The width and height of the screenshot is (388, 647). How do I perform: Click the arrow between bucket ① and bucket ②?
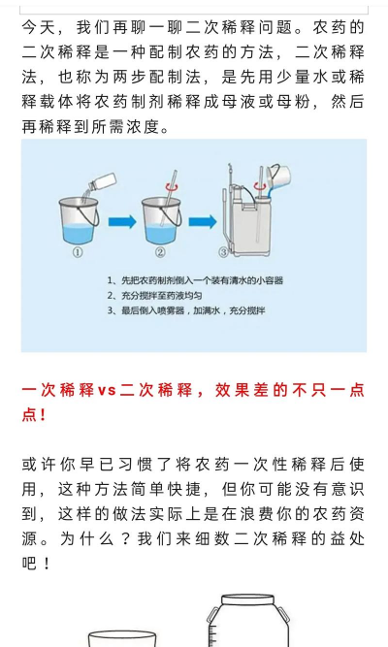(x=120, y=222)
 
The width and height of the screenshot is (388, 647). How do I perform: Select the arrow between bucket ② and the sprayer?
(x=201, y=222)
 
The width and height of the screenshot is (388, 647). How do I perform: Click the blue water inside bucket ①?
(x=78, y=232)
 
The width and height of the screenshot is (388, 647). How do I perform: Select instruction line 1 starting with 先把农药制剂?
(x=195, y=280)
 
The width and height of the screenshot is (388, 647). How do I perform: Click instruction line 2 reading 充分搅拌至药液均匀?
(x=154, y=295)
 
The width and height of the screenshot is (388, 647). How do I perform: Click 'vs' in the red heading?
(x=107, y=390)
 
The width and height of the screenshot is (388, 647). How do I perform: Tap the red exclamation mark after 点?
(x=44, y=414)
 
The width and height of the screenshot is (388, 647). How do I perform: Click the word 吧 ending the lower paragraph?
(x=31, y=564)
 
